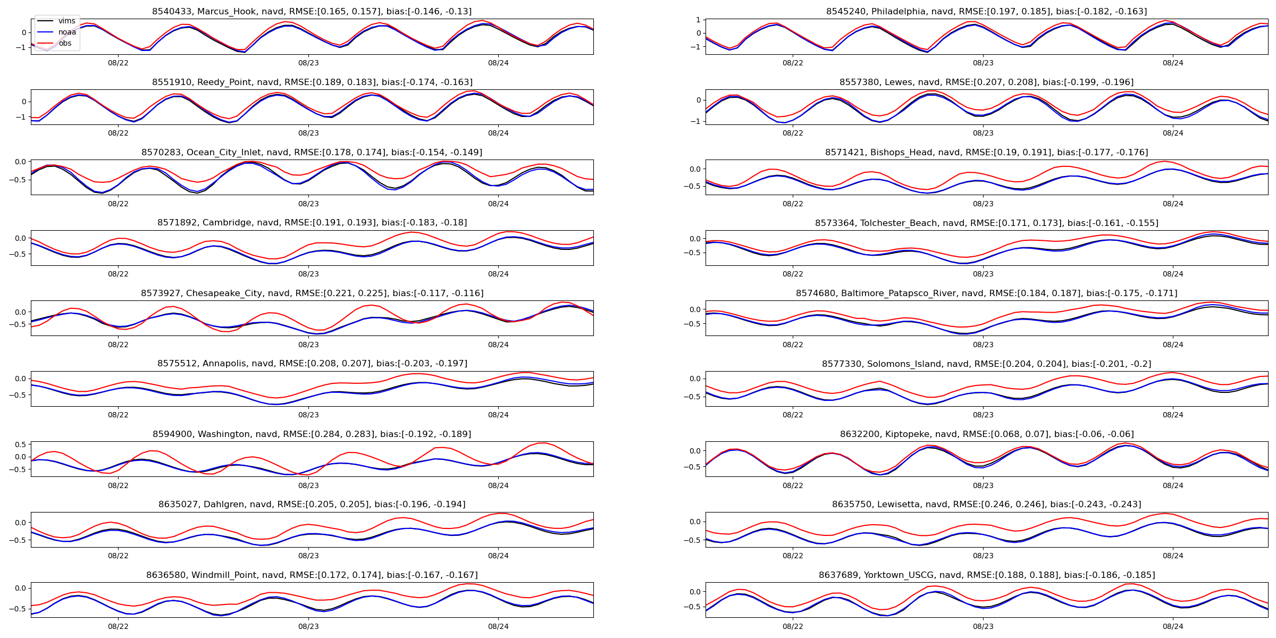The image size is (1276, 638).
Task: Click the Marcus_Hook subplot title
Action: pos(312,12)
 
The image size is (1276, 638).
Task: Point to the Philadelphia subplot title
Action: pos(986,12)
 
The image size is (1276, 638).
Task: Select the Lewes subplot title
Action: pos(986,82)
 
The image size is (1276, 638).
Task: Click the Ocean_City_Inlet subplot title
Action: pos(312,153)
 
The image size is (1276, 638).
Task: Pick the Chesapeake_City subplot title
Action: pos(312,293)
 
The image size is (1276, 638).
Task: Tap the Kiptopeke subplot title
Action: pos(986,434)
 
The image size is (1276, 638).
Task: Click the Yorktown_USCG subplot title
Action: pos(986,575)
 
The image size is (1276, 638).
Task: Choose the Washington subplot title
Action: pos(312,434)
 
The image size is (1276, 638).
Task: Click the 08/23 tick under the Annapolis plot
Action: pos(308,415)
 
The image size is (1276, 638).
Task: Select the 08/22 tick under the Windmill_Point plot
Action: pos(118,626)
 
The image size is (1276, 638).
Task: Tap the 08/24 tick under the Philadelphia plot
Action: pos(1173,63)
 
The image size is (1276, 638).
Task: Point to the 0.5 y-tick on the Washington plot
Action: pos(20,444)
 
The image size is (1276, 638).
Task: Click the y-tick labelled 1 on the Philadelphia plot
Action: pos(698,20)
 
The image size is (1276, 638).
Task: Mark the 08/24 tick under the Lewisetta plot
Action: pos(1173,556)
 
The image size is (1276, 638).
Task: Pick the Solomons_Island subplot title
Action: pos(986,364)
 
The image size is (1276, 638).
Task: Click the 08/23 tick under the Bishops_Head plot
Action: pos(983,204)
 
